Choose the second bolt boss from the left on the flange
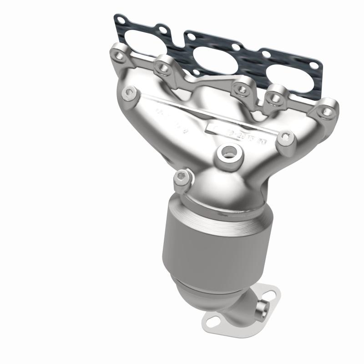tap(162, 67)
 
